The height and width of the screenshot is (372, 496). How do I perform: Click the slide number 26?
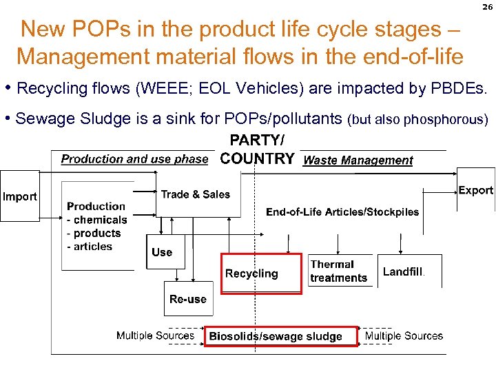point(487,8)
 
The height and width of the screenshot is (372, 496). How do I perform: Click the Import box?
point(20,197)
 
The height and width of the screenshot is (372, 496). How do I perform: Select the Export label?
point(475,191)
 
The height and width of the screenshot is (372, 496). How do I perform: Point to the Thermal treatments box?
point(339,271)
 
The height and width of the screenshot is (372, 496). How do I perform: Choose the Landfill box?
point(403,271)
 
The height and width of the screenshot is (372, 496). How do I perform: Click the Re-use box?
point(188,299)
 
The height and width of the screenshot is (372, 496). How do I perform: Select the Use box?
point(162,252)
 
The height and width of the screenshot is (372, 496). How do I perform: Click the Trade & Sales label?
point(195,194)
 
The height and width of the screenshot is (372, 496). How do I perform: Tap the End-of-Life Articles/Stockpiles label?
point(342,211)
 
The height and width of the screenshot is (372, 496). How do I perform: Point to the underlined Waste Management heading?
point(358,161)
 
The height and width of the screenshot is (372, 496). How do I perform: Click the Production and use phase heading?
point(134,159)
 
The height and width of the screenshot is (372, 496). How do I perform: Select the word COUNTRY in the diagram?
point(257,158)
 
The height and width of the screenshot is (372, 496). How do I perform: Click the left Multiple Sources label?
point(155,335)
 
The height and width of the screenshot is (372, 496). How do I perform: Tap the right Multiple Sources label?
point(404,335)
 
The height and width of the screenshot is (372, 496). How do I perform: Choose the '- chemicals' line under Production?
point(97,220)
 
